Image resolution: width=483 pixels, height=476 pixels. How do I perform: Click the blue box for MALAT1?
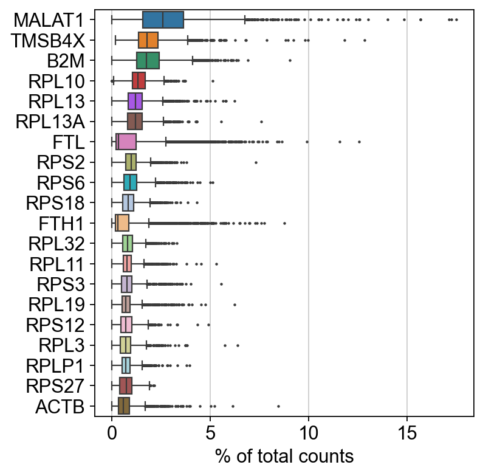pos(163,19)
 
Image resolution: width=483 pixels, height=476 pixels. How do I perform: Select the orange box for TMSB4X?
pos(148,40)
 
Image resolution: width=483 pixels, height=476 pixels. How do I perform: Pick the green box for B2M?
pos(148,60)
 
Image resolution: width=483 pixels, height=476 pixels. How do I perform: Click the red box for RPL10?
pos(139,81)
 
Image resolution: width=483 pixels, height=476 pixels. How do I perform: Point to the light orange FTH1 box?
pos(122,223)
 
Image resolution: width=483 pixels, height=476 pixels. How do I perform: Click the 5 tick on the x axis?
pos(210,432)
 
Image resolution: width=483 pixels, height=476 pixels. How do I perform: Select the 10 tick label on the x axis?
pos(309,432)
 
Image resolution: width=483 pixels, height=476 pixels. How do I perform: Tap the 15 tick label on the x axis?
pos(407,432)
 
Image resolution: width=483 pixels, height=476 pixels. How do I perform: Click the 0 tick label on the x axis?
pos(112,432)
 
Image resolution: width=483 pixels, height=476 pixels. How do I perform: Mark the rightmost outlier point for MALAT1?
pos(456,20)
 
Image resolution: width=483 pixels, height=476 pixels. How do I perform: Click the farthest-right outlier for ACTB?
pos(278,406)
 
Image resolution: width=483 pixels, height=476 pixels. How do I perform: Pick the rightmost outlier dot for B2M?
pos(290,60)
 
